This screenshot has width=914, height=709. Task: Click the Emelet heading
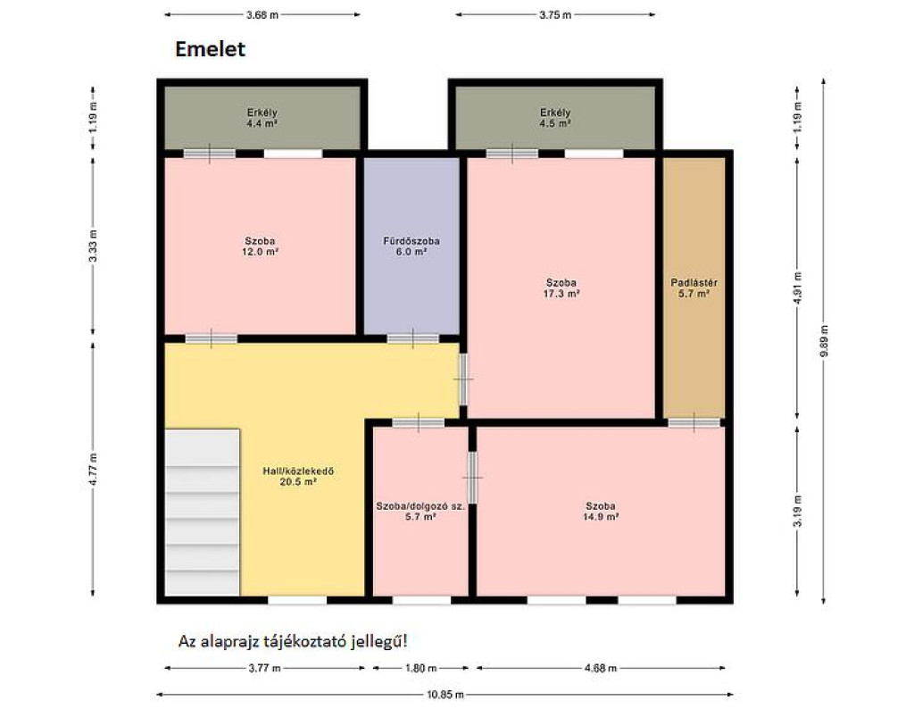click(210, 49)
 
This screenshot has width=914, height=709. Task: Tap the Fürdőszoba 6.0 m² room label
click(411, 246)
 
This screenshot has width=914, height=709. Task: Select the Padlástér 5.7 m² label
click(694, 288)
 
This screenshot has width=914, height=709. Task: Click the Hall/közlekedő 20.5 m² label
click(298, 476)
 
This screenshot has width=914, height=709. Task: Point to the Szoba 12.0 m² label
click(260, 246)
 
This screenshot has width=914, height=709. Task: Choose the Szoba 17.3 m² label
click(561, 288)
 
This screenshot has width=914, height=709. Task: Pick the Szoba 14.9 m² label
click(601, 512)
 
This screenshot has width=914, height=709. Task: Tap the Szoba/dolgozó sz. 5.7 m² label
click(420, 512)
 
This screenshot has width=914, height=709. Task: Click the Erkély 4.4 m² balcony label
click(262, 118)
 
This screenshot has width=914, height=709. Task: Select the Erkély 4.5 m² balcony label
click(555, 118)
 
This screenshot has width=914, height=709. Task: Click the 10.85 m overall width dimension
click(445, 695)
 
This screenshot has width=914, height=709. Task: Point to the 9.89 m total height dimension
click(824, 341)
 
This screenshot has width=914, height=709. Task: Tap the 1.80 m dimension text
click(421, 668)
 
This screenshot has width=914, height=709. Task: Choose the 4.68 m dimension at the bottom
click(601, 668)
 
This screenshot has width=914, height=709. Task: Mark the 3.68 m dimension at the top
click(262, 14)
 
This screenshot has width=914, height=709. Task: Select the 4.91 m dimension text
click(797, 289)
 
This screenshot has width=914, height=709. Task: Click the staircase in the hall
click(203, 513)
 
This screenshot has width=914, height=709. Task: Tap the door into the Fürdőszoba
click(412, 338)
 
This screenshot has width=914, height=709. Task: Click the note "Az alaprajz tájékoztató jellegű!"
click(293, 641)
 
